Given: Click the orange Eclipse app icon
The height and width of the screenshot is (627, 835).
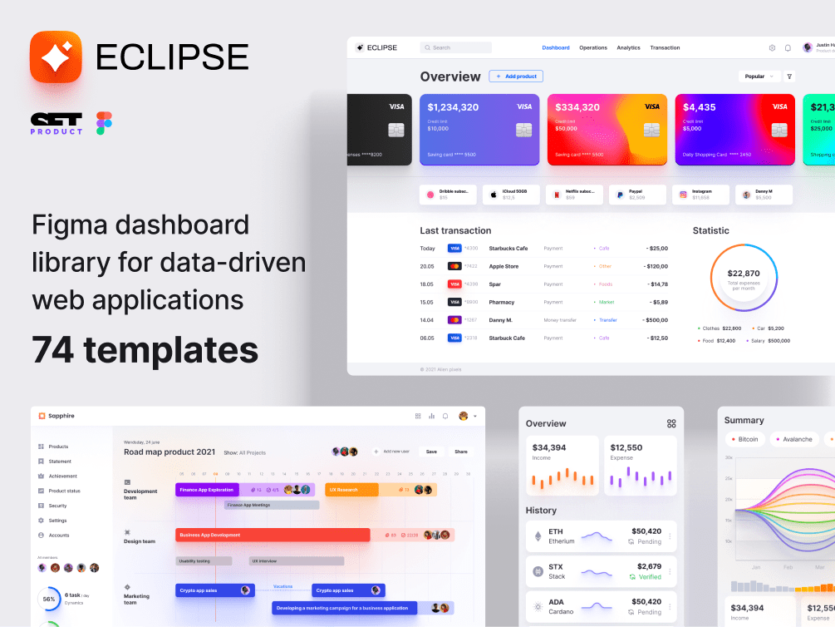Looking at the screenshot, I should click(56, 57).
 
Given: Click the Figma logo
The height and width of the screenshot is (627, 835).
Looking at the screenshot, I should click(104, 123).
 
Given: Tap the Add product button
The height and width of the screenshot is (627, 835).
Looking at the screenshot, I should click(516, 77).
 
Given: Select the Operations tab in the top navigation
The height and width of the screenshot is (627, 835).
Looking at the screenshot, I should click(593, 48).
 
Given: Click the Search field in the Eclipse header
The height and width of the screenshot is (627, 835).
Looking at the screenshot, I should click(456, 48).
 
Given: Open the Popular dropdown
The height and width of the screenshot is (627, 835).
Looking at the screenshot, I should click(759, 77).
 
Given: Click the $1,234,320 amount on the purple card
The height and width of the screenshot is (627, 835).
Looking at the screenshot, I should click(453, 107).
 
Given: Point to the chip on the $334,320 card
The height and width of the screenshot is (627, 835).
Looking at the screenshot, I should click(651, 131).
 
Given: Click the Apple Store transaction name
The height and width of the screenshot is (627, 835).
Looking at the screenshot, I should click(503, 266).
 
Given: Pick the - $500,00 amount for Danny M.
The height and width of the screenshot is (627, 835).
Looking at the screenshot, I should click(656, 319).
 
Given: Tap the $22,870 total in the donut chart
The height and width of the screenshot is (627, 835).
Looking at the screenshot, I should click(744, 274).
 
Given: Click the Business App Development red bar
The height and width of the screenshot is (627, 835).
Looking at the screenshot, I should click(272, 535).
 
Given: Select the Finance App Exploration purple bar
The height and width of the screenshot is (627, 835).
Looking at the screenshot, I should click(207, 490).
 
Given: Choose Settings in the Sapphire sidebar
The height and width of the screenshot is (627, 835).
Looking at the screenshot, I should click(57, 521).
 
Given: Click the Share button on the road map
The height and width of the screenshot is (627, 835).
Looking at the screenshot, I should click(460, 452).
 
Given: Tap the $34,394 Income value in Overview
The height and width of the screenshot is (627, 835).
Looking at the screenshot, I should click(549, 447).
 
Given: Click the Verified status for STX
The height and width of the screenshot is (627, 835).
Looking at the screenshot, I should click(650, 576).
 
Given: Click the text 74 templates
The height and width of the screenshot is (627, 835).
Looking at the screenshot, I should click(145, 349).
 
